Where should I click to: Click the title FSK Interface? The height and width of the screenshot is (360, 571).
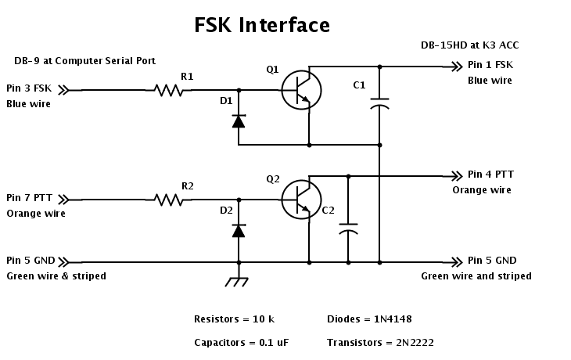(x=261, y=25)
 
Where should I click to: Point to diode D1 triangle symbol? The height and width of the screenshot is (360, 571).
(x=239, y=121)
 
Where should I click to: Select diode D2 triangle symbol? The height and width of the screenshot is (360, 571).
(x=239, y=231)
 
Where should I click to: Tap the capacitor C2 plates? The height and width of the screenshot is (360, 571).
(x=349, y=229)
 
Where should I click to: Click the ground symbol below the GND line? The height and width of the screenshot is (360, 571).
(x=239, y=280)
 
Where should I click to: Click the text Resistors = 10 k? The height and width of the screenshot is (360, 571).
(x=234, y=319)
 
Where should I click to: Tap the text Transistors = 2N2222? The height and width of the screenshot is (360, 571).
(x=380, y=343)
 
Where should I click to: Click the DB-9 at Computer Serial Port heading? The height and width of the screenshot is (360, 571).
(x=84, y=61)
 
